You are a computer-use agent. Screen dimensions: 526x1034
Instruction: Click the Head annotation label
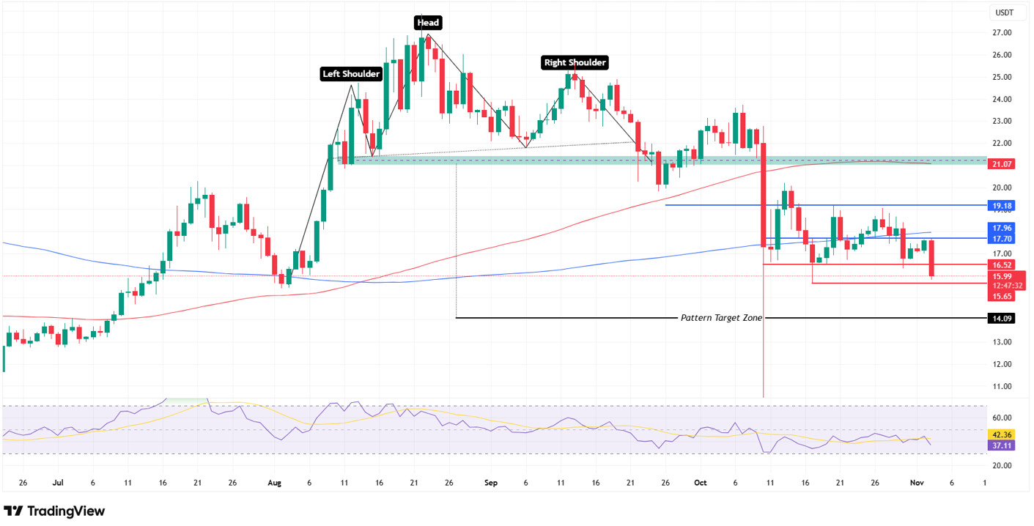pos(428,23)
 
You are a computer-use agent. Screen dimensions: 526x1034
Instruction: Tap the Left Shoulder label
pos(352,74)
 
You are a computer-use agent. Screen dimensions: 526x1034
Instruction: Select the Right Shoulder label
pos(575,63)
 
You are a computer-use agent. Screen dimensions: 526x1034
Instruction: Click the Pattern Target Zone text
pos(721,318)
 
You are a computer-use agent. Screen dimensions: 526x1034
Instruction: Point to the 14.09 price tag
pos(1001,319)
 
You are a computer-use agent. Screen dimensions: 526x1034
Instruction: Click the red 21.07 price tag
pos(1001,164)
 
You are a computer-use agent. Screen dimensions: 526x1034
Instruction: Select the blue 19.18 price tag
pos(1001,206)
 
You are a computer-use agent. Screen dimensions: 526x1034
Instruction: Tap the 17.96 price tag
pos(1001,228)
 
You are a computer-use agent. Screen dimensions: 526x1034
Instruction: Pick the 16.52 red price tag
pos(1001,264)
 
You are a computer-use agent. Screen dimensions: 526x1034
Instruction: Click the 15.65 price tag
pos(1001,296)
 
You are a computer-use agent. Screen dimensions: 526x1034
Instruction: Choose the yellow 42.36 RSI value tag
pos(1001,434)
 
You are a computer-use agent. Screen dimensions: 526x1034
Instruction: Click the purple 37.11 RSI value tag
pos(1001,445)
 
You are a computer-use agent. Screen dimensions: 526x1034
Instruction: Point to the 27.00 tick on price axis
pos(1002,33)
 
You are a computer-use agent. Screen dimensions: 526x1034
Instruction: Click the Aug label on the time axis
pos(274,484)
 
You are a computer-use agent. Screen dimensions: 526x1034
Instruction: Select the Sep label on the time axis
pos(491,484)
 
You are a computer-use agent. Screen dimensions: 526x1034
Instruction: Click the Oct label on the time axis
pos(701,484)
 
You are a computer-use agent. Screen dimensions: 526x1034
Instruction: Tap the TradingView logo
pos(55,511)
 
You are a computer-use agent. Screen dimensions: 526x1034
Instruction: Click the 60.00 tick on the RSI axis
pos(1002,418)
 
